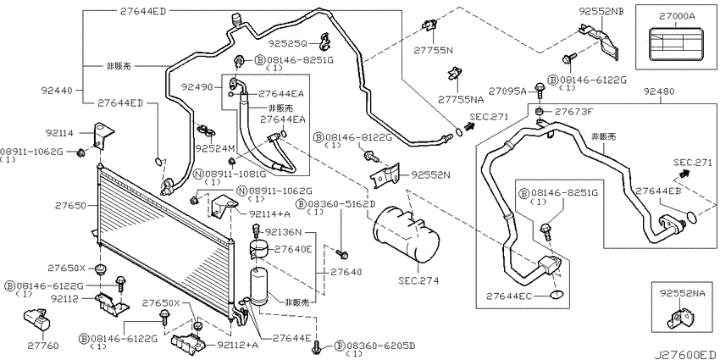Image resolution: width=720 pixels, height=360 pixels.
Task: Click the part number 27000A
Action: click(x=677, y=16)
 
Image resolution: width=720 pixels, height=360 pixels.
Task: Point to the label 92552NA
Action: click(x=682, y=293)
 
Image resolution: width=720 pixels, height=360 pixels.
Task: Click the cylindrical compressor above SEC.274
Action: click(x=406, y=234)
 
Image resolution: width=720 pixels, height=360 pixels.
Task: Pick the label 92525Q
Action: click(x=288, y=43)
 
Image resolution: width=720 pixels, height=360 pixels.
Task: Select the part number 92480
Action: click(x=659, y=91)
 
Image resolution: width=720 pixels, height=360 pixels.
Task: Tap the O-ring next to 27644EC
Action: click(x=557, y=295)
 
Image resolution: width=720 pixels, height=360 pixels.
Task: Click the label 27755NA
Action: click(x=461, y=99)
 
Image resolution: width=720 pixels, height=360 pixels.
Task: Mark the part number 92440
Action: click(x=56, y=91)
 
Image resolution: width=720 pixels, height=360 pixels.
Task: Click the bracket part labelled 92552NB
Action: click(x=599, y=42)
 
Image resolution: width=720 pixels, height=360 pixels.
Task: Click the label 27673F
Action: click(x=574, y=111)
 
